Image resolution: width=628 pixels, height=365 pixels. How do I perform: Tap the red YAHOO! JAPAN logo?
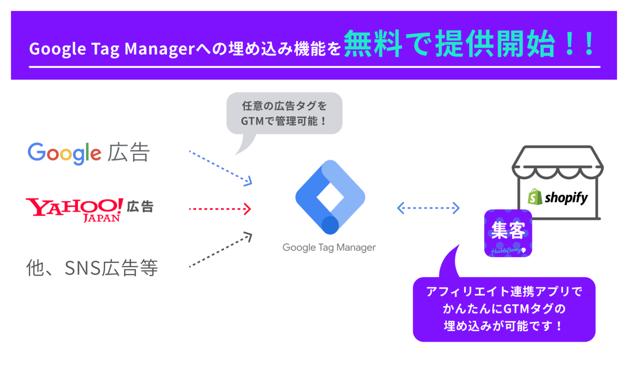pyautogui.click(x=74, y=209)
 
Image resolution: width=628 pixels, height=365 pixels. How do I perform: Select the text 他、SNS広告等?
pyautogui.click(x=92, y=268)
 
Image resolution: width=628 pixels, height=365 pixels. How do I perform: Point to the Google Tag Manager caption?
pyautogui.click(x=329, y=247)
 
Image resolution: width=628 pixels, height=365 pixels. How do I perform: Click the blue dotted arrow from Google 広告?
pyautogui.click(x=220, y=168)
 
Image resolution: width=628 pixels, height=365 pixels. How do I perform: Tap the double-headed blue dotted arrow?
pyautogui.click(x=428, y=208)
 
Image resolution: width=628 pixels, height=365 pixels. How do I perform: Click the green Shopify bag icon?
pyautogui.click(x=535, y=197)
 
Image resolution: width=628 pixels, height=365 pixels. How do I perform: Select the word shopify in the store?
pyautogui.click(x=566, y=198)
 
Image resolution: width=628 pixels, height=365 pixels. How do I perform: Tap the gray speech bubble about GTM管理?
pyautogui.click(x=284, y=114)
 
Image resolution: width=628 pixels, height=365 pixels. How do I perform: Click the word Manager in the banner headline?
pyautogui.click(x=160, y=49)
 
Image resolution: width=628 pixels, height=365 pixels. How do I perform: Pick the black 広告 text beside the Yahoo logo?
pyautogui.click(x=140, y=207)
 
